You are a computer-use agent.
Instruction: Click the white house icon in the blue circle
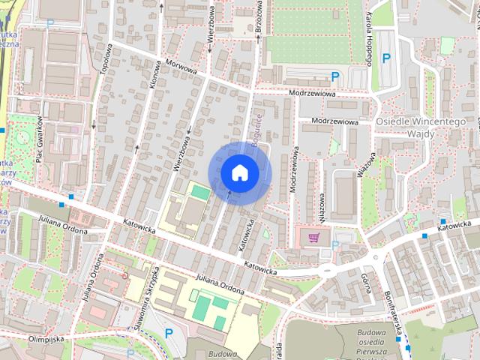tap(239, 172)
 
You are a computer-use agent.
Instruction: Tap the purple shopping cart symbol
tap(313, 237)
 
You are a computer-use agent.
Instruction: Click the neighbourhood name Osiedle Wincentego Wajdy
tap(421, 127)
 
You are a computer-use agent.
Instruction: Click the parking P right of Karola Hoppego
tap(387, 58)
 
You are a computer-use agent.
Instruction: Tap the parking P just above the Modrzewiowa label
tap(336, 75)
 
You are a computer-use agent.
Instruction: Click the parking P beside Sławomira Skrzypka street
tap(168, 332)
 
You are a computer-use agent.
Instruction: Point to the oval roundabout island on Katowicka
tap(328, 269)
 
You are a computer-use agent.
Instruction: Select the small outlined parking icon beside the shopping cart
tap(335, 244)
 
